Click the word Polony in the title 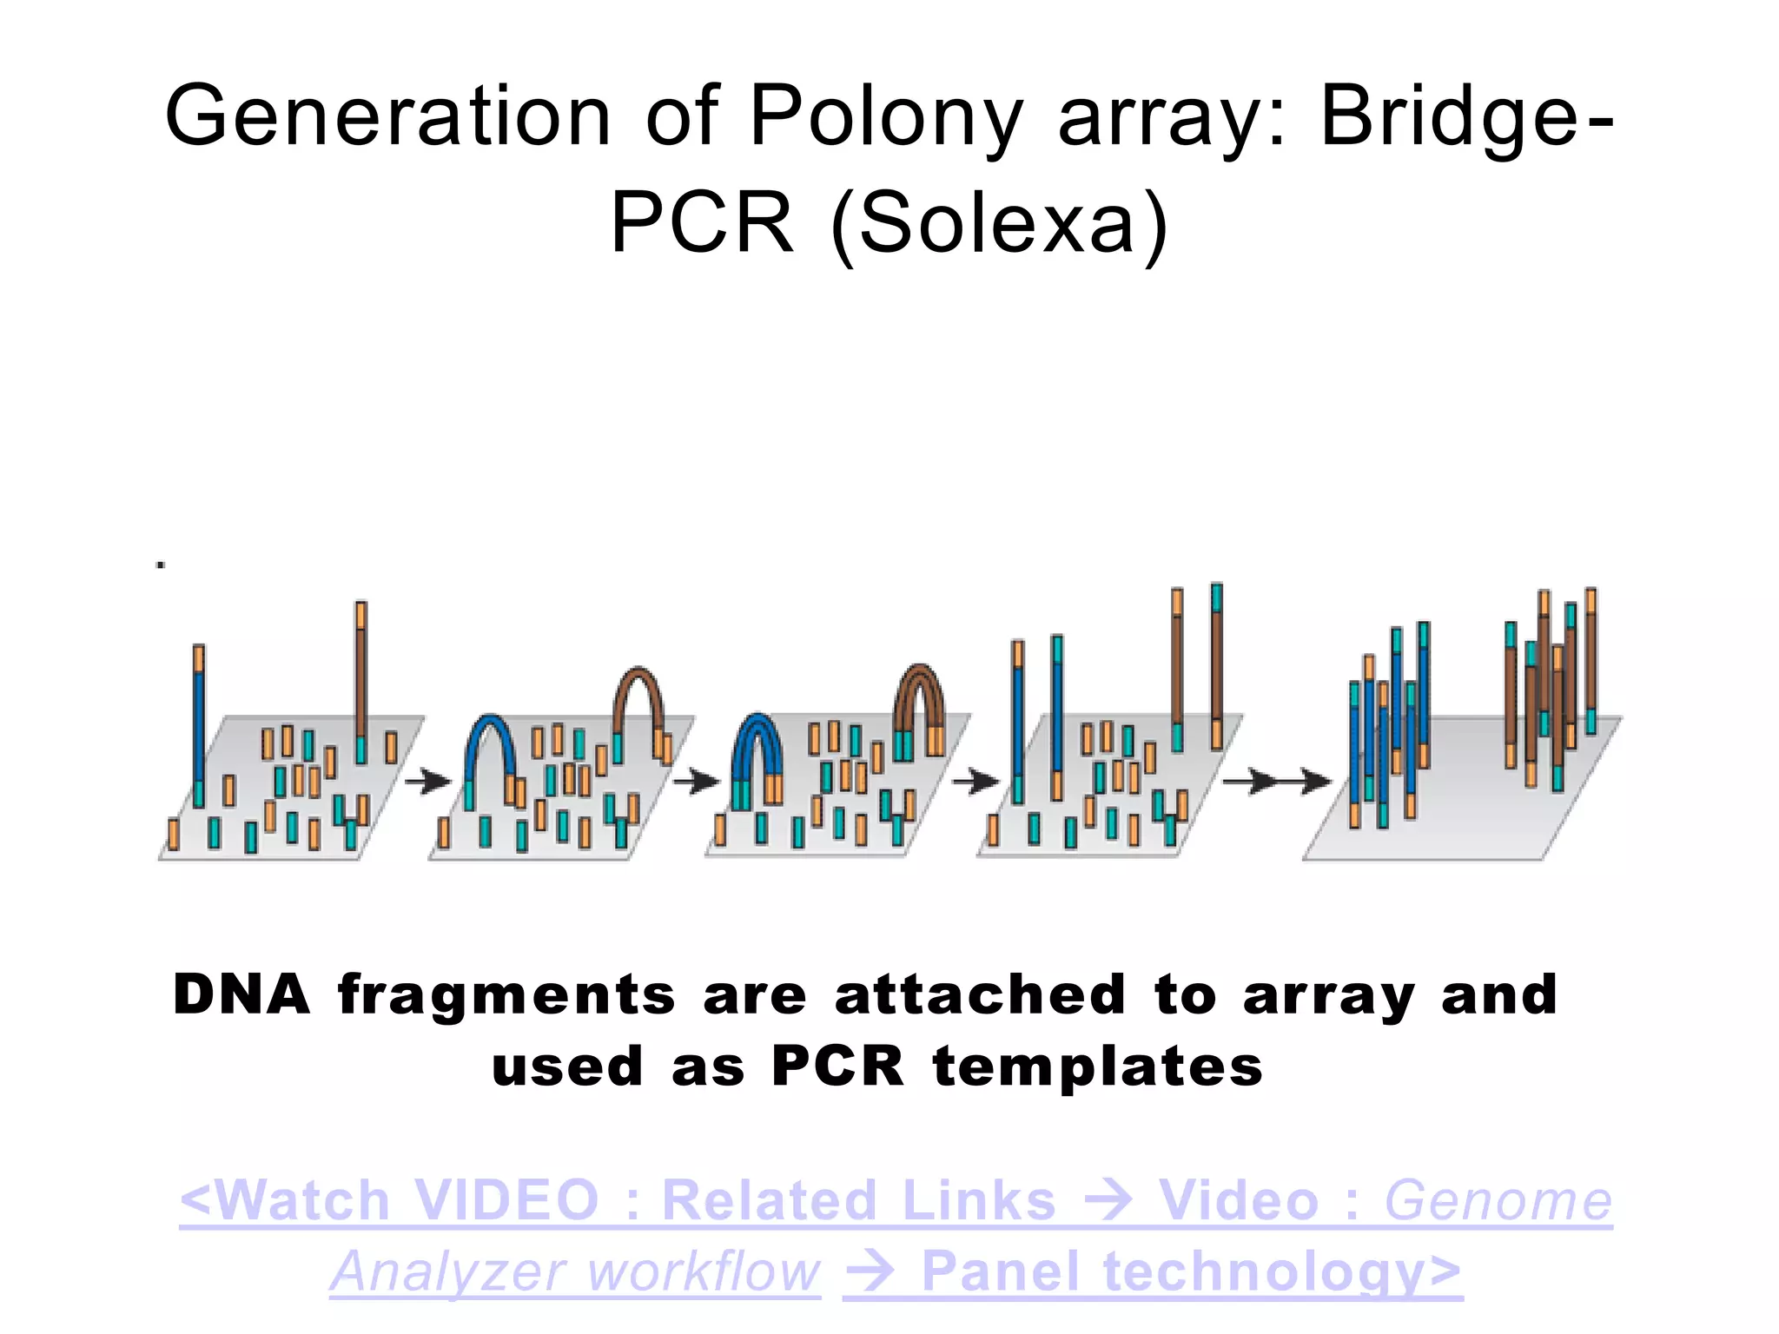[886, 117]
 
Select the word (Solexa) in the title [1000, 225]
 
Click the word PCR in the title [702, 225]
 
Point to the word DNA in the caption [241, 995]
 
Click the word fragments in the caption [506, 995]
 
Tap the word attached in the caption [980, 995]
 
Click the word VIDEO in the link [506, 1201]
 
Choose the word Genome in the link [1498, 1201]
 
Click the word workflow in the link [703, 1273]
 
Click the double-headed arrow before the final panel [1277, 782]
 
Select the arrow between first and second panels [428, 781]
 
